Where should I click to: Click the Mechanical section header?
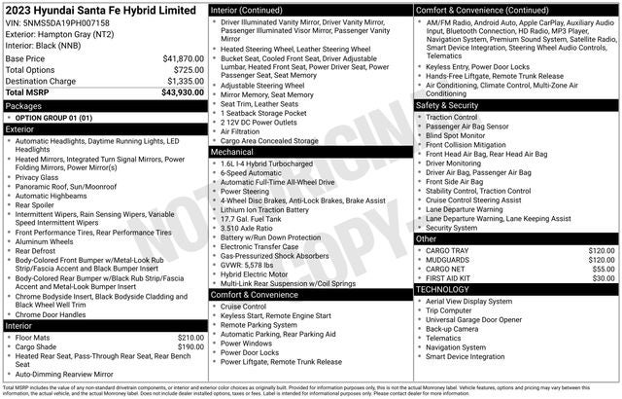point(233,152)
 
